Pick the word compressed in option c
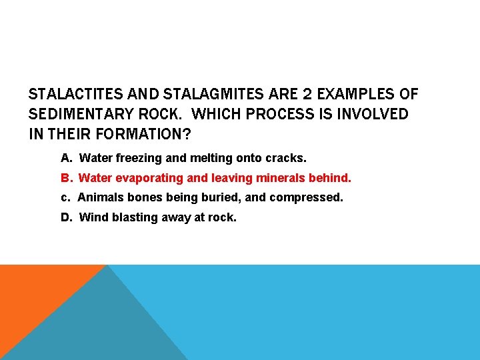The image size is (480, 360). [312, 198]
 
